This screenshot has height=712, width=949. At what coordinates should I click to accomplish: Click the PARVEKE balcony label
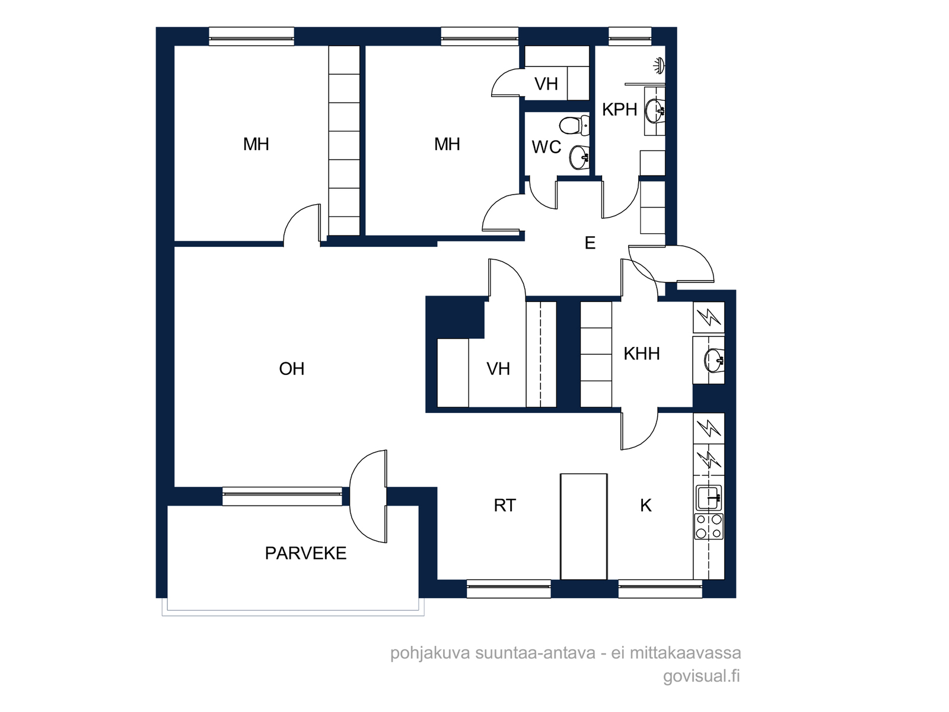[305, 554]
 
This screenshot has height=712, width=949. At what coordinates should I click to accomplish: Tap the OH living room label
[292, 368]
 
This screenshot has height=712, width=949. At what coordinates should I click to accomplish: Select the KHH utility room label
[642, 354]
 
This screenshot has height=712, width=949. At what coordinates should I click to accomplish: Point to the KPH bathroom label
[620, 110]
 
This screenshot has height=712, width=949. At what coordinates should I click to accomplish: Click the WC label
[546, 147]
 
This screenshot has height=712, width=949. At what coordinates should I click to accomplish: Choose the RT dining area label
[505, 506]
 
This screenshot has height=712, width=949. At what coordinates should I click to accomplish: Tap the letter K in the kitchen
[646, 506]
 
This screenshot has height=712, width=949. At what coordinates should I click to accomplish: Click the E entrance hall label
[590, 243]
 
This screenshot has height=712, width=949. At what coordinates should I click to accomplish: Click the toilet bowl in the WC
[574, 126]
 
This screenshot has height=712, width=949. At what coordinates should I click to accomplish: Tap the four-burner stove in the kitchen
[709, 526]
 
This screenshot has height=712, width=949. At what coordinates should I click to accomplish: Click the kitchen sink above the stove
[709, 498]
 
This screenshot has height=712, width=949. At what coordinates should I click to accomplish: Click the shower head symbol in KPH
[660, 66]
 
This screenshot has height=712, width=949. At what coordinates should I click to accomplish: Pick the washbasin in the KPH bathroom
[655, 111]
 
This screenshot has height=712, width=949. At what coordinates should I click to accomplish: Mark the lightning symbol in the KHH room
[709, 317]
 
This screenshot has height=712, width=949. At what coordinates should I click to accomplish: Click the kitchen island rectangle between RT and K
[584, 526]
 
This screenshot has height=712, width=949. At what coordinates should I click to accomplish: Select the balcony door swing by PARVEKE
[368, 496]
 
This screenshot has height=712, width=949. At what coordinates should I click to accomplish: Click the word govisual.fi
[701, 676]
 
